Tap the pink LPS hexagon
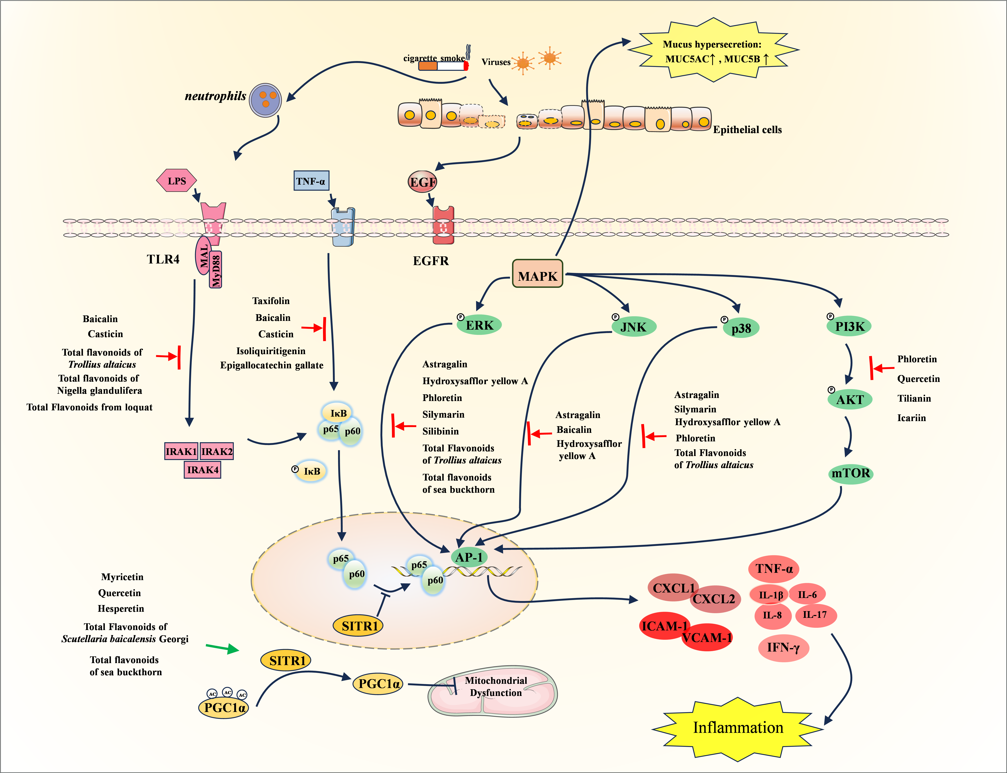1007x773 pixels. point(177,181)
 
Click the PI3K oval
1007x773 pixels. point(849,326)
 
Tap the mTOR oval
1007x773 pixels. point(851,473)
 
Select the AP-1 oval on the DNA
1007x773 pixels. point(469,557)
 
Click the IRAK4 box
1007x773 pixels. point(202,470)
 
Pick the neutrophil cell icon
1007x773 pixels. point(265,100)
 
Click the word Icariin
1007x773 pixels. point(911,418)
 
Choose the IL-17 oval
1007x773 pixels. point(815,615)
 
